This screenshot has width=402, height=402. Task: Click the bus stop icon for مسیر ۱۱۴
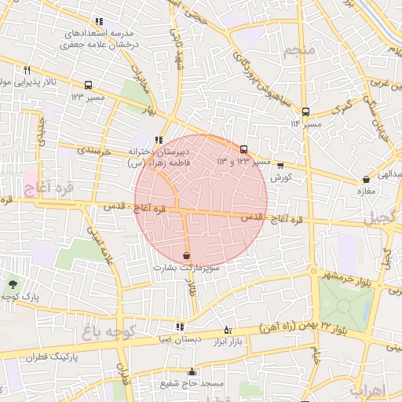[305, 111]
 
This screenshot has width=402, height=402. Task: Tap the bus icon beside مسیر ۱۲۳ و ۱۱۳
[243, 149]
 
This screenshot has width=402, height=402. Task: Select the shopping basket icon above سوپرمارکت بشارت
[186, 256]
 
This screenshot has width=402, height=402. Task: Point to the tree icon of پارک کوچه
[12, 284]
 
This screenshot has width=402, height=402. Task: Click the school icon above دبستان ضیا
[180, 327]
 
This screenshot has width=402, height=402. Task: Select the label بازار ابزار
[229, 340]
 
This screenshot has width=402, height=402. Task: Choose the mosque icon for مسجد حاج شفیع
[192, 372]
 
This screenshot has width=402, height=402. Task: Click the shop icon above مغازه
[367, 180]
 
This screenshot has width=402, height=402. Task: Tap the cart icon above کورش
[280, 166]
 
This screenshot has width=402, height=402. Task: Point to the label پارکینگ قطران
[54, 356]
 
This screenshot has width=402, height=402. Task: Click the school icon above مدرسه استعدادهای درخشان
[98, 21]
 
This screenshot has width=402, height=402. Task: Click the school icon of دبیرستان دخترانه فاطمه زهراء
[159, 140]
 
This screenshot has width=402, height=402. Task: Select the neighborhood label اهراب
[366, 390]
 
